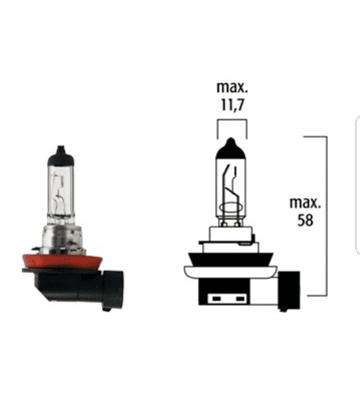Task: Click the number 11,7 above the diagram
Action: point(233,105)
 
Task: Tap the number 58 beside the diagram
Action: point(305,220)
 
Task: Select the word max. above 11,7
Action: point(232,87)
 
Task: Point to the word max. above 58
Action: point(305,203)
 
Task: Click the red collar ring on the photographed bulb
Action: point(63,261)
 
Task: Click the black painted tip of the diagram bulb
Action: point(231,149)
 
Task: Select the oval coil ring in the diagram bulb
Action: point(231,207)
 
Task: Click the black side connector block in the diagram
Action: point(289,291)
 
